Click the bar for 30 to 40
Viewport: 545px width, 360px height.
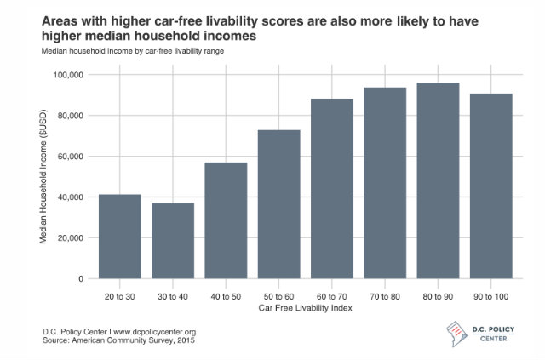point(173,241)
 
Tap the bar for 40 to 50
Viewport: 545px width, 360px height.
point(226,220)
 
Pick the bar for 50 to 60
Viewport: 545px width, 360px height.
point(278,204)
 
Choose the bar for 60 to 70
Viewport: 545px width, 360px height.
point(331,189)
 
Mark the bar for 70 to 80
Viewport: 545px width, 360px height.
point(384,183)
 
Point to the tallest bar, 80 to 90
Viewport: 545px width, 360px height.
point(437,180)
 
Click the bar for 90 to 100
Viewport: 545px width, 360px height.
point(490,186)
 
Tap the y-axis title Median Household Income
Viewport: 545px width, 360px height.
point(44,177)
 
